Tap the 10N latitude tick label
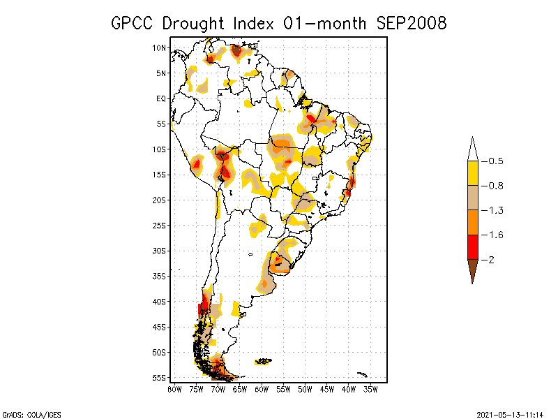[x=160, y=47]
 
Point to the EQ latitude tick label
[x=161, y=98]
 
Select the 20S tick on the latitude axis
[x=160, y=200]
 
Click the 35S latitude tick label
[x=160, y=276]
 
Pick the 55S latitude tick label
[x=160, y=378]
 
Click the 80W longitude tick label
[x=174, y=389]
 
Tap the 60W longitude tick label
[x=262, y=389]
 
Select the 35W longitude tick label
[x=370, y=389]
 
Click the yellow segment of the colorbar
[x=472, y=173]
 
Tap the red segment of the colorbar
[x=472, y=247]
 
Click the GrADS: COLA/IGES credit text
[x=28, y=413]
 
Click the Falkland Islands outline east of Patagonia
[x=263, y=361]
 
